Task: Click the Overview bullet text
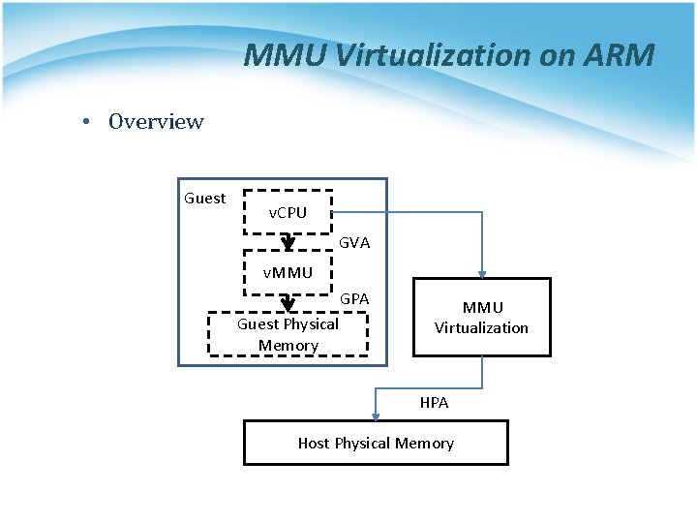pos(156,122)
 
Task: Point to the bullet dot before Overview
pos(87,122)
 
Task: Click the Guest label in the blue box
pos(204,199)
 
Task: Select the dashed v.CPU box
pos(287,212)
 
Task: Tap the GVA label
pos(354,243)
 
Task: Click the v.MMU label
pos(288,273)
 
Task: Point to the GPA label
pos(354,299)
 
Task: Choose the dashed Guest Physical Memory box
pos(288,334)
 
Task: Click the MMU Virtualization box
pos(481,318)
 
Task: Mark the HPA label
pos(434,403)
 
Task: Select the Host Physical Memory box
pos(376,443)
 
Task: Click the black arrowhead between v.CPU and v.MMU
pos(288,244)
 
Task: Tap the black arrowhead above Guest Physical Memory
pos(288,303)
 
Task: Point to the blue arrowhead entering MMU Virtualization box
pos(481,273)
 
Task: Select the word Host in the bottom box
pos(314,443)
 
